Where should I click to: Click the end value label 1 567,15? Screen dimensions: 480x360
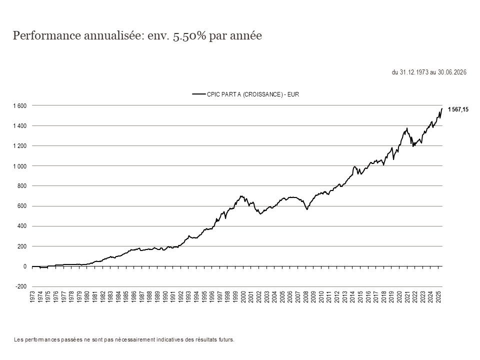(458, 109)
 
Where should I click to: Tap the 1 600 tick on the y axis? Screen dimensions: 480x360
(20, 105)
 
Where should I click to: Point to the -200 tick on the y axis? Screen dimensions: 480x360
(21, 286)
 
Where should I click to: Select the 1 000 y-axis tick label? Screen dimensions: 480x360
(20, 166)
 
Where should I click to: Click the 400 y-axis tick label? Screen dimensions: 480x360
(22, 226)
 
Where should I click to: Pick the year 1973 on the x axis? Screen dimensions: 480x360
(32, 297)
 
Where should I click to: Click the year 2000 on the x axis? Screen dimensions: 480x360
(243, 297)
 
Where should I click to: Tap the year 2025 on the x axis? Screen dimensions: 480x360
(438, 297)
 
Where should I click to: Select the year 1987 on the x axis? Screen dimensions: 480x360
(141, 297)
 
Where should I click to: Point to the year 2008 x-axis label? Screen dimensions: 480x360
(306, 297)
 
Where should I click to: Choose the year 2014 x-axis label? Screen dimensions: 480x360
(352, 297)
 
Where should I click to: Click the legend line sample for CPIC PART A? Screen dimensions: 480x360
(199, 94)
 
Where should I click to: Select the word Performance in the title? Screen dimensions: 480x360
(46, 35)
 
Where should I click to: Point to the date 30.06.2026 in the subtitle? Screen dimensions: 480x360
(452, 72)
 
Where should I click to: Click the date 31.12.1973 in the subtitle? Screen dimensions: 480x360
(414, 72)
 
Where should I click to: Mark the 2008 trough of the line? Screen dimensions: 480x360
(306, 209)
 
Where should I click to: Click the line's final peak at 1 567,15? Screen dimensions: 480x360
(441, 108)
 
